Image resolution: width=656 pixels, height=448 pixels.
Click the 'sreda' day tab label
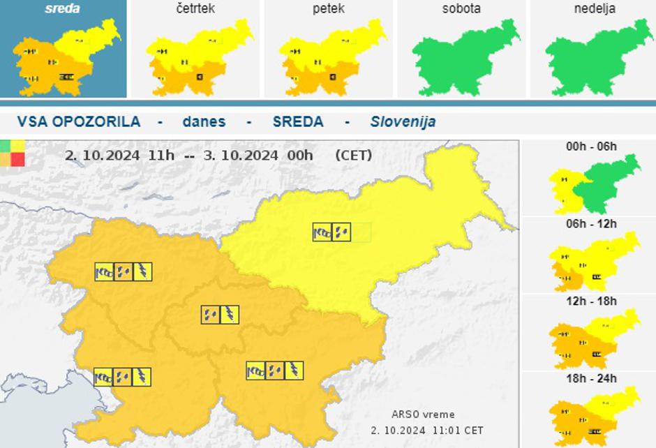(x=62, y=9)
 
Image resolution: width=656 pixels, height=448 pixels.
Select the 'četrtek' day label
(x=196, y=9)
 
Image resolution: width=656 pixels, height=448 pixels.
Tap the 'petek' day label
(x=329, y=9)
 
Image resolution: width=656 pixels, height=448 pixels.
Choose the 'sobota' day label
(x=461, y=9)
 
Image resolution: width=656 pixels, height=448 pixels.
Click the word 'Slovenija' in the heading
(x=403, y=121)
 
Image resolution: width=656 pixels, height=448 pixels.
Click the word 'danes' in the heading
(x=204, y=121)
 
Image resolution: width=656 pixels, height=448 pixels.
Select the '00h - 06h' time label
(x=592, y=147)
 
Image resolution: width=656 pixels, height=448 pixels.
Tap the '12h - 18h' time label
(x=592, y=301)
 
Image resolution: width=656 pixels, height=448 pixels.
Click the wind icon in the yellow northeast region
(x=322, y=232)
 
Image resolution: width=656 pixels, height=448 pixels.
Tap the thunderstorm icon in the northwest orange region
(x=142, y=271)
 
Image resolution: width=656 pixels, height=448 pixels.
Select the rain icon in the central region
(x=210, y=315)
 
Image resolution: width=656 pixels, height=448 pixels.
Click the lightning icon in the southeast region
(x=294, y=371)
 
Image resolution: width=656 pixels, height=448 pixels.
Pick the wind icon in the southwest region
(x=103, y=377)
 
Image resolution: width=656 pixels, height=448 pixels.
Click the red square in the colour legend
(x=17, y=159)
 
